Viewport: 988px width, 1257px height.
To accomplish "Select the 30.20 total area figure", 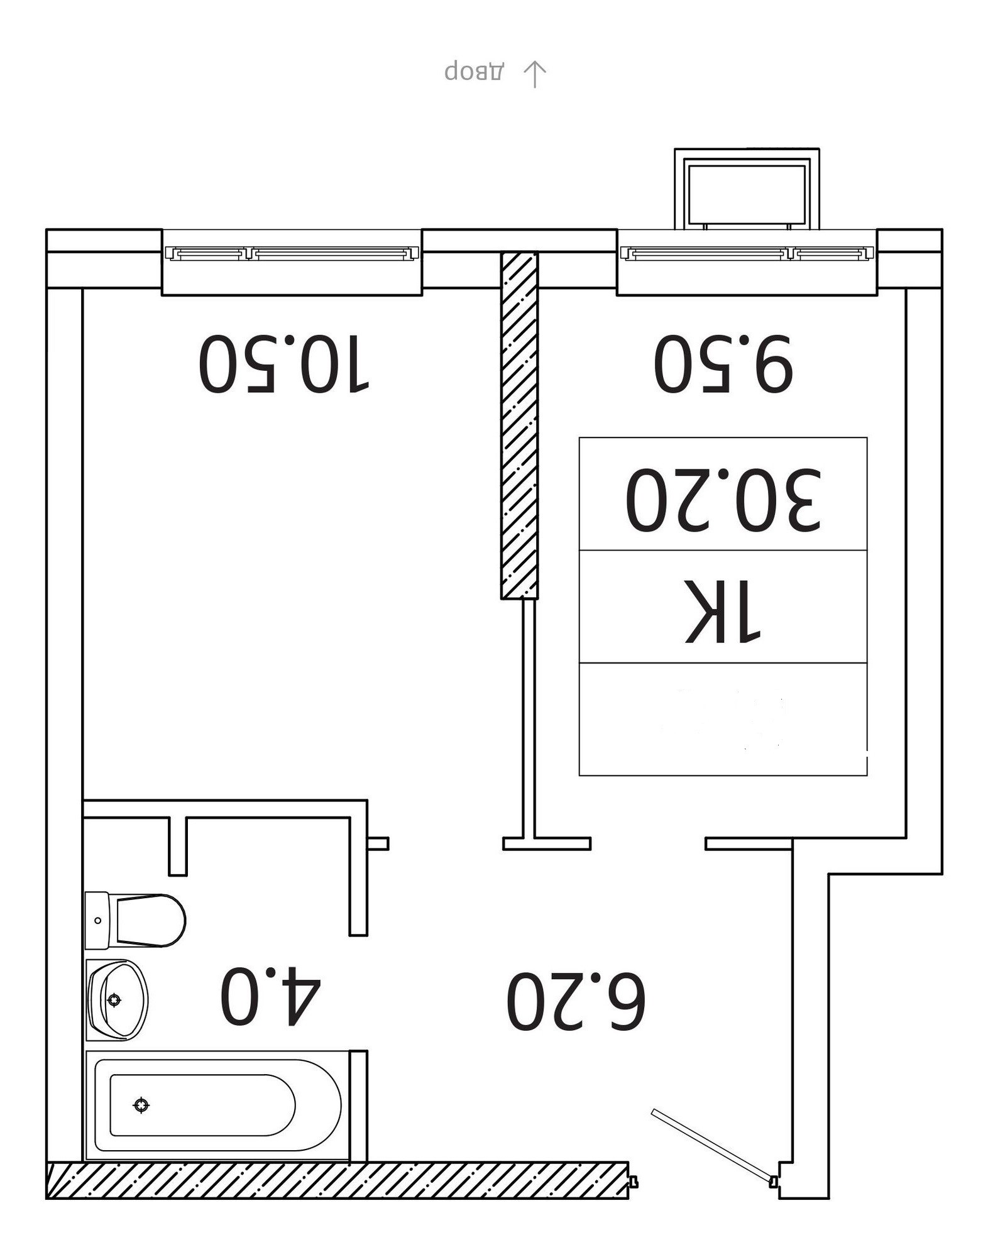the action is pyautogui.click(x=723, y=498).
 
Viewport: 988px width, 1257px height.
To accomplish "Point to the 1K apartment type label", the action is pyautogui.click(x=723, y=610).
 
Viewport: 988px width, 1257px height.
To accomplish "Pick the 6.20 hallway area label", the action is pyautogui.click(x=576, y=1001).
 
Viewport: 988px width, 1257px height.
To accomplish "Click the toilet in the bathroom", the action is pyautogui.click(x=135, y=921).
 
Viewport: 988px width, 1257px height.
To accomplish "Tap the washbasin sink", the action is pyautogui.click(x=117, y=999).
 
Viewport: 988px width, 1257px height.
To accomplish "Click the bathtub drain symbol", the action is pyautogui.click(x=141, y=1104).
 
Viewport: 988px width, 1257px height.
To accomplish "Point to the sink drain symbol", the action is pyautogui.click(x=114, y=999).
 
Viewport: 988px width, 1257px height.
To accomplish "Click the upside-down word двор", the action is pyautogui.click(x=474, y=71).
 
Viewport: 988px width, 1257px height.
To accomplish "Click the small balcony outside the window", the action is pyautogui.click(x=747, y=189).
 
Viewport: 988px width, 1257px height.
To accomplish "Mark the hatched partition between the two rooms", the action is pyautogui.click(x=519, y=425).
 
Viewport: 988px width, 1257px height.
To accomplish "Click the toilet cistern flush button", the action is pyautogui.click(x=97, y=921).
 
